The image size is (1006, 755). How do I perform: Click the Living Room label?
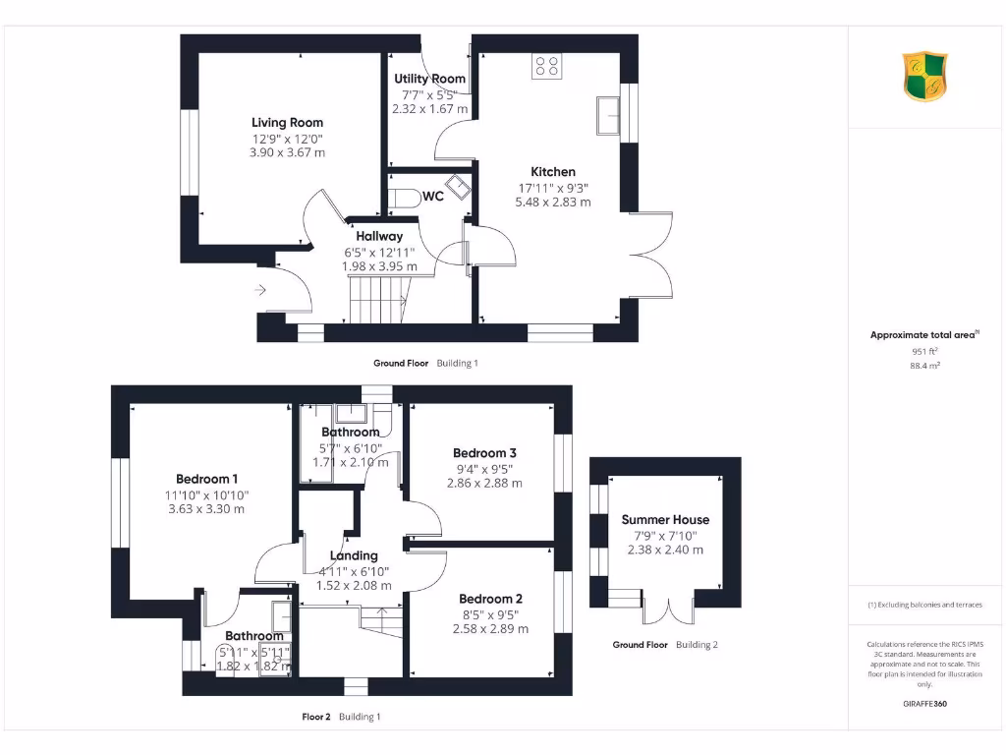tap(287, 123)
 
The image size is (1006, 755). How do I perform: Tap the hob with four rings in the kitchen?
tap(546, 66)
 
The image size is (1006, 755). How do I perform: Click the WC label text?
tap(433, 197)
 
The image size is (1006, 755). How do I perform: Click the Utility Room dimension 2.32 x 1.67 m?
tap(429, 109)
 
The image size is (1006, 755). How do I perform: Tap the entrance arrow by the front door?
tap(259, 290)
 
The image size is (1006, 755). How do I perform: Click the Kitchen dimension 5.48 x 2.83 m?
tap(553, 202)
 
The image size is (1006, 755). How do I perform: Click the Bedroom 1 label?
tap(206, 479)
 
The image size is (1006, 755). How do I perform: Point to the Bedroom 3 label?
tap(484, 453)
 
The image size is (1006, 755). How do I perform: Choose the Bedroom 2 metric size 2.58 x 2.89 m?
tap(491, 628)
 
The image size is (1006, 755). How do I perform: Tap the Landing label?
tap(354, 555)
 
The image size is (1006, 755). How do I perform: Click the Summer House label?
tap(665, 520)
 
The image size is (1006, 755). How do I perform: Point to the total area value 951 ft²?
tap(925, 350)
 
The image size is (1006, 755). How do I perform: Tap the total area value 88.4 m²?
tap(925, 365)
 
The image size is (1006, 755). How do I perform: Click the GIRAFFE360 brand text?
tap(924, 704)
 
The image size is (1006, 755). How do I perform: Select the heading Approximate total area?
tap(923, 335)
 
